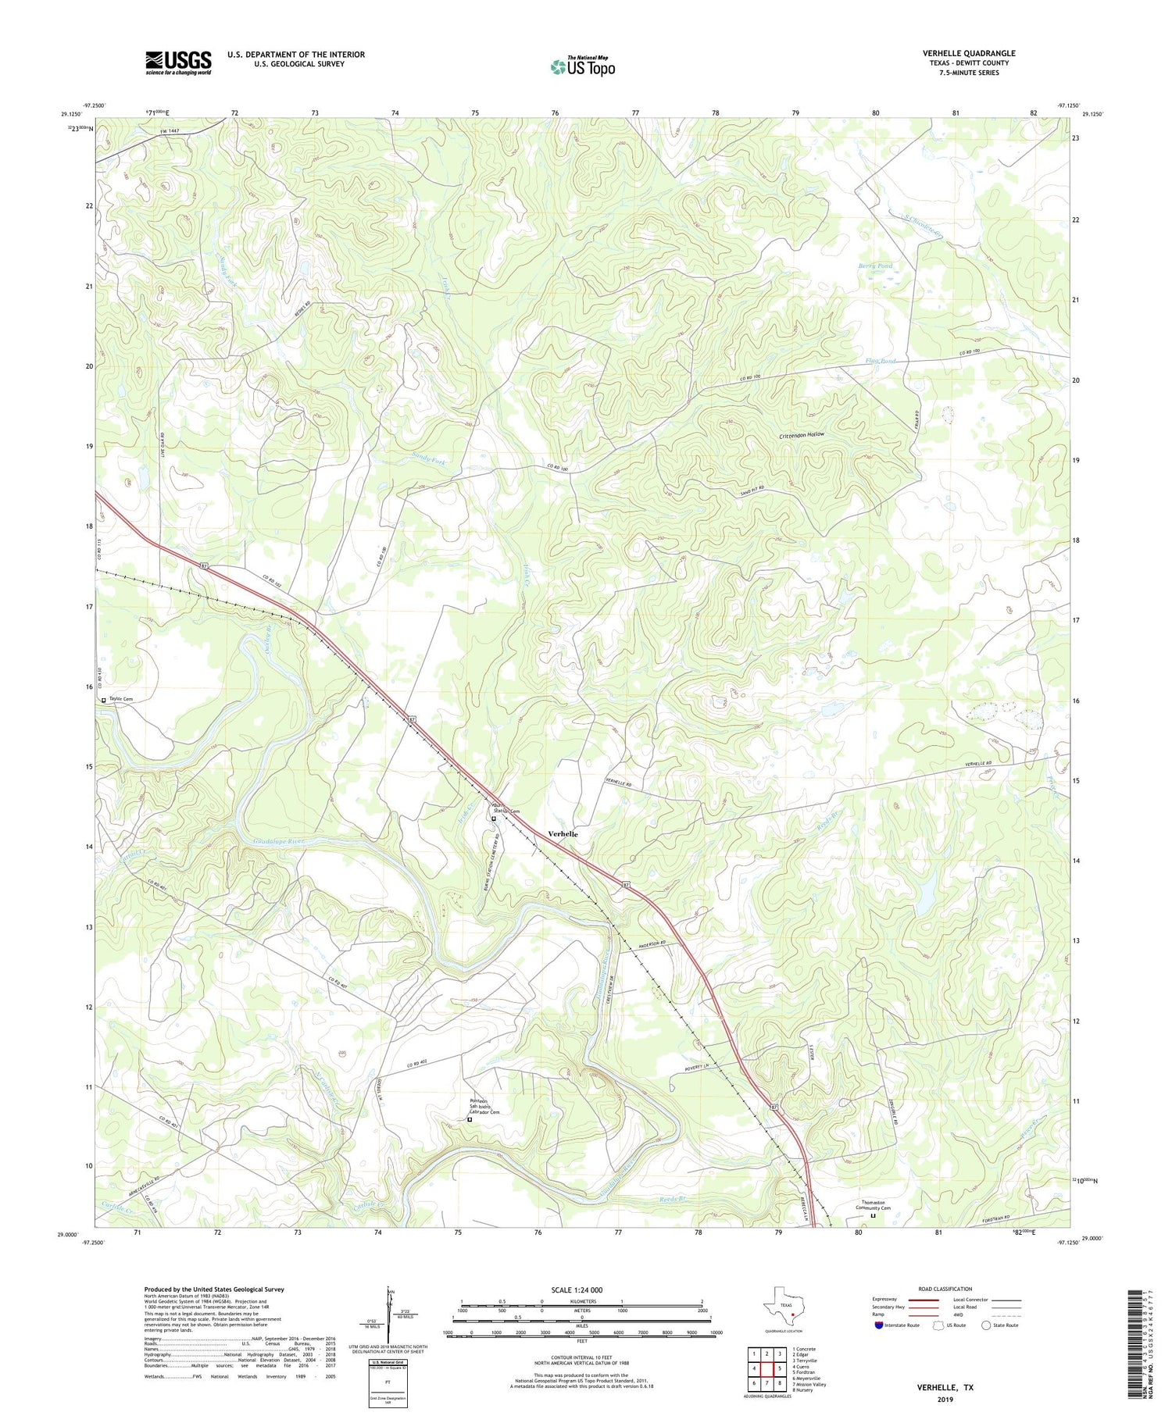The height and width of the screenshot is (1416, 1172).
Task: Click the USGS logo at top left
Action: pos(178,62)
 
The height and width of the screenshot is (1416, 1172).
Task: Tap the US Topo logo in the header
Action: pos(582,66)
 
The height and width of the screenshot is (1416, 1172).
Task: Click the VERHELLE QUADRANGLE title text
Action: pos(968,53)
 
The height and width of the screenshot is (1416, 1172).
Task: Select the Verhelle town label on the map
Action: pos(563,834)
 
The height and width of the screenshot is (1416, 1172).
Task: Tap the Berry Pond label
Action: pos(875,266)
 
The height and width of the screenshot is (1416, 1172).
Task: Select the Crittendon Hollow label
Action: pos(802,434)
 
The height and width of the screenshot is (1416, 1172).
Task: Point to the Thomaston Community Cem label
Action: pos(873,1205)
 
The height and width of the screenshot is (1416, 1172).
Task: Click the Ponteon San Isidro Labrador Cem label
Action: pos(484,1107)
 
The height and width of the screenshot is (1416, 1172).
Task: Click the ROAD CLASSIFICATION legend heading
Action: pos(945,1289)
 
